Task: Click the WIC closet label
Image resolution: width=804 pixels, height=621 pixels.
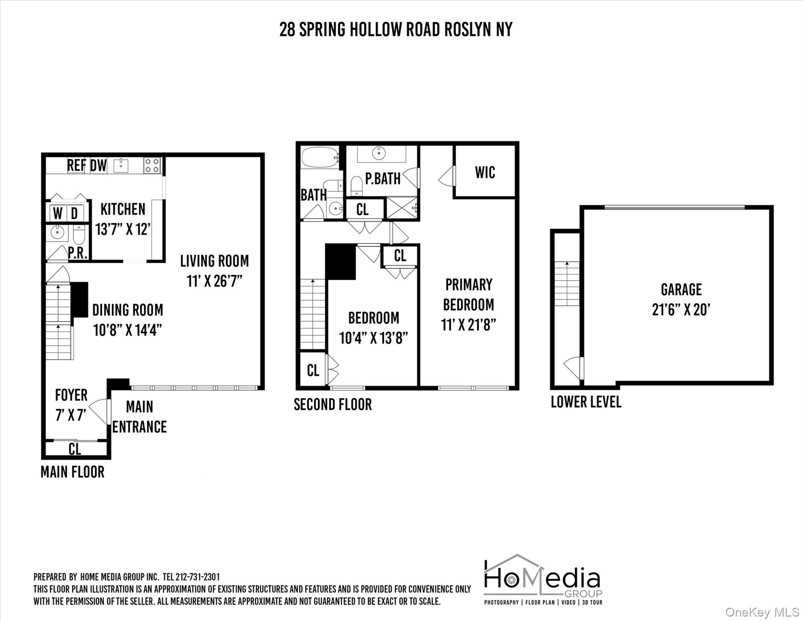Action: (x=485, y=173)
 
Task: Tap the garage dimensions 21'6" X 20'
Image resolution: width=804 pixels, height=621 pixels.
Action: (x=681, y=310)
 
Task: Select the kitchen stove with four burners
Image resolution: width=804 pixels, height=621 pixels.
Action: (x=152, y=165)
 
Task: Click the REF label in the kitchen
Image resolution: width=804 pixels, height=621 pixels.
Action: (x=76, y=165)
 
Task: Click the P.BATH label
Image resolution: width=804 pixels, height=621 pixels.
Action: (x=383, y=179)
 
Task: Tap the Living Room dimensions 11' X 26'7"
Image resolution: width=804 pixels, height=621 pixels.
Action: (x=214, y=281)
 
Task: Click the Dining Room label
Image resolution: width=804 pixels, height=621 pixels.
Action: (x=128, y=310)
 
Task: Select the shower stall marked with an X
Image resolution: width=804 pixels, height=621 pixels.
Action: (x=402, y=208)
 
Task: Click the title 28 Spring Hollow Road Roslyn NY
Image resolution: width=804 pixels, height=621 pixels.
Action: (x=396, y=30)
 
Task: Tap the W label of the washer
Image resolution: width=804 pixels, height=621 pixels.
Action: (x=58, y=213)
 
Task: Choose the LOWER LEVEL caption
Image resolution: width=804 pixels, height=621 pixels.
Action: (x=586, y=402)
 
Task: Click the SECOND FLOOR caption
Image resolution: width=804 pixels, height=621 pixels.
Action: (x=332, y=404)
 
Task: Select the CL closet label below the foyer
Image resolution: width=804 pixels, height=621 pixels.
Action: (x=75, y=449)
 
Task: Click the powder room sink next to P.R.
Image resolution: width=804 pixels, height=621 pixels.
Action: (x=57, y=233)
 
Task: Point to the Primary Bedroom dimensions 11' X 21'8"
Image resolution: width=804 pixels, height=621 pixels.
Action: (x=468, y=325)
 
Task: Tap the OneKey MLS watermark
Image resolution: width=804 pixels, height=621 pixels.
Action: (x=762, y=613)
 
